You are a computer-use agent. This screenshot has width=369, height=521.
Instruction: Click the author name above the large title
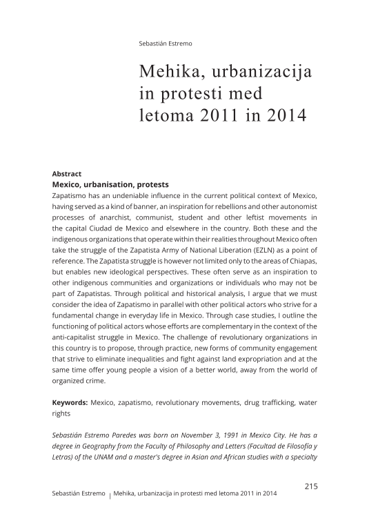(x=166, y=43)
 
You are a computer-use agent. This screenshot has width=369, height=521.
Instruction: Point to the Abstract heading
(x=68, y=174)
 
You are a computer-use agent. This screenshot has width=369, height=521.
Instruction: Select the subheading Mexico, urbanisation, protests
(x=110, y=185)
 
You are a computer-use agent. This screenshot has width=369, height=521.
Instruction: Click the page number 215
(x=310, y=486)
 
